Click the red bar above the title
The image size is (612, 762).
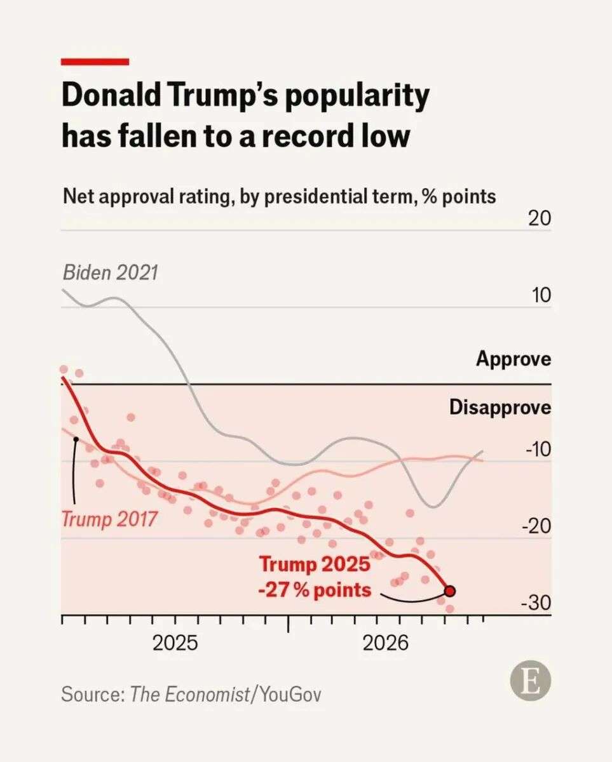(x=95, y=62)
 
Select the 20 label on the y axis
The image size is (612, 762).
(x=540, y=218)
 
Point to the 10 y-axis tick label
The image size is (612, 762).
(x=541, y=295)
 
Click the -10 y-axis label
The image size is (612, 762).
(x=538, y=450)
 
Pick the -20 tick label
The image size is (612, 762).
(x=536, y=526)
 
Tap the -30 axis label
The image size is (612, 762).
(x=536, y=603)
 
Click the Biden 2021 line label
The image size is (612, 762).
(x=110, y=273)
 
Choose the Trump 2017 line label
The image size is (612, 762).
(x=109, y=519)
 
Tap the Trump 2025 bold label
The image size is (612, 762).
(x=315, y=564)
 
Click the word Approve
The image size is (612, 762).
(x=513, y=359)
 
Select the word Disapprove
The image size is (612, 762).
(x=500, y=407)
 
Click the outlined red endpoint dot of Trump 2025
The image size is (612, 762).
(x=450, y=591)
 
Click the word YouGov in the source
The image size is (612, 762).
(x=290, y=695)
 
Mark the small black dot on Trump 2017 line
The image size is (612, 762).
(x=76, y=439)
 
